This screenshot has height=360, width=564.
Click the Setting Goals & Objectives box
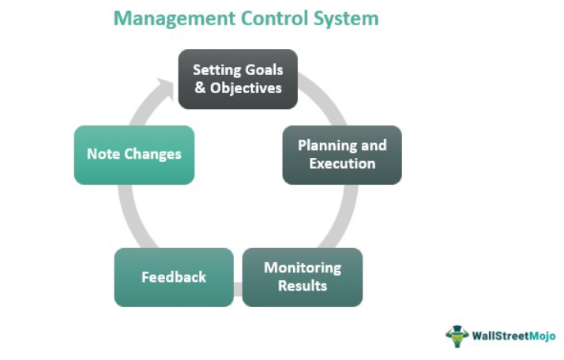tap(238, 79)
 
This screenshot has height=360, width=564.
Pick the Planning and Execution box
tap(342, 155)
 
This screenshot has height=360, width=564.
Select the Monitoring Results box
tap(303, 277)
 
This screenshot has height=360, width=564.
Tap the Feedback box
tap(174, 277)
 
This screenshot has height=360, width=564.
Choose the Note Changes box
tap(134, 155)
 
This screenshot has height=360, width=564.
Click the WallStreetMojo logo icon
tap(457, 335)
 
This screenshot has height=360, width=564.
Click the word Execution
tap(342, 163)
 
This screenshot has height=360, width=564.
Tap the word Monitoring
tap(303, 268)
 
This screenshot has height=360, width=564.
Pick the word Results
tap(303, 286)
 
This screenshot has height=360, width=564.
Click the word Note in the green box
tap(103, 155)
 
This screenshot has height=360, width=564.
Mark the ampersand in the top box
tap(199, 88)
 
